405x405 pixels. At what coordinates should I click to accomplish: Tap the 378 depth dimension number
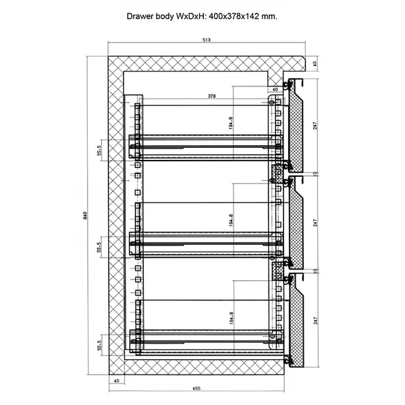coord(211,97)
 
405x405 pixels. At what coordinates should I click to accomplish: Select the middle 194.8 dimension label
coord(230,220)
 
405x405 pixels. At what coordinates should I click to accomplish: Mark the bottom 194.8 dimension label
coord(230,317)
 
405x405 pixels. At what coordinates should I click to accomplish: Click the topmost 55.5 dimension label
coord(99,150)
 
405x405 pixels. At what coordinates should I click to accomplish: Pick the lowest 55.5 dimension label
coord(99,346)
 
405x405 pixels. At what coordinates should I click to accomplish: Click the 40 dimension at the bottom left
coord(116,381)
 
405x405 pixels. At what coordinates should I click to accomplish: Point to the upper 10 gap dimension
coord(315,173)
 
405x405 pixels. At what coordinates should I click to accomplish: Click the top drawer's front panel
coord(294,125)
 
